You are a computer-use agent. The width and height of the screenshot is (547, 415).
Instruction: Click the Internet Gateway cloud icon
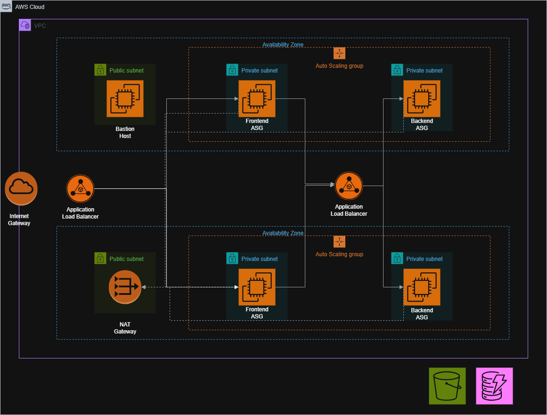pyautogui.click(x=21, y=188)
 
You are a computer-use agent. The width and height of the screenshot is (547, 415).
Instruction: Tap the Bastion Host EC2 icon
pyautogui.click(x=125, y=98)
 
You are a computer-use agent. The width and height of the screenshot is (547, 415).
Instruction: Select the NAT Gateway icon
pyautogui.click(x=125, y=287)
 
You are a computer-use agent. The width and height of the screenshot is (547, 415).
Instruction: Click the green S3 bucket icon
pyautogui.click(x=447, y=386)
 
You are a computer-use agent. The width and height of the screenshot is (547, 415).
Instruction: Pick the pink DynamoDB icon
pyautogui.click(x=494, y=386)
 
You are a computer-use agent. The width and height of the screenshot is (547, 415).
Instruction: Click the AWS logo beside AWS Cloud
pyautogui.click(x=7, y=7)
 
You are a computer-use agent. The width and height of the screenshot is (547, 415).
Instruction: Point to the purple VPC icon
pyautogui.click(x=25, y=25)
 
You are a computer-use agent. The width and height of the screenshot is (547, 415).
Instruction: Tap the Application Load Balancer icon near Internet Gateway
pyautogui.click(x=80, y=189)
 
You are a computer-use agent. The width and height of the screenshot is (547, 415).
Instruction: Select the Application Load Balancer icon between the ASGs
pyautogui.click(x=349, y=186)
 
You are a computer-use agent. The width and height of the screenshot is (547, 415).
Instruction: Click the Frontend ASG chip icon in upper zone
pyautogui.click(x=257, y=98)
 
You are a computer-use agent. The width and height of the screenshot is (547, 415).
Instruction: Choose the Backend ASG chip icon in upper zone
pyautogui.click(x=422, y=98)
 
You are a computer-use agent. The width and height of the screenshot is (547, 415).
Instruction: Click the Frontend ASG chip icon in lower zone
pyautogui.click(x=257, y=287)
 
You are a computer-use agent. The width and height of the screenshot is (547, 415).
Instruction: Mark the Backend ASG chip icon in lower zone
pyautogui.click(x=422, y=287)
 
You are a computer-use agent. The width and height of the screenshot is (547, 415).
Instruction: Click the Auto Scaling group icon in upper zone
pyautogui.click(x=339, y=53)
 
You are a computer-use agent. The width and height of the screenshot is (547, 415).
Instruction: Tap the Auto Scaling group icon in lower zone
pyautogui.click(x=339, y=242)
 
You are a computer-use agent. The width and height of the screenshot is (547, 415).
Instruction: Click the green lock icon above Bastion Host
pyautogui.click(x=100, y=70)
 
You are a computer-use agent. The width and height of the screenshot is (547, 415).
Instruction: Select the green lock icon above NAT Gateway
pyautogui.click(x=100, y=259)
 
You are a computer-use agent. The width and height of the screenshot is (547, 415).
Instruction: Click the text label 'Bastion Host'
pyautogui.click(x=125, y=132)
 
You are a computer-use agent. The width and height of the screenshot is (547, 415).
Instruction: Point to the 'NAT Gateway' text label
pyautogui.click(x=125, y=328)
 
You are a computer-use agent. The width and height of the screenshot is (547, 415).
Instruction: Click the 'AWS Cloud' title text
pyautogui.click(x=30, y=7)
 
